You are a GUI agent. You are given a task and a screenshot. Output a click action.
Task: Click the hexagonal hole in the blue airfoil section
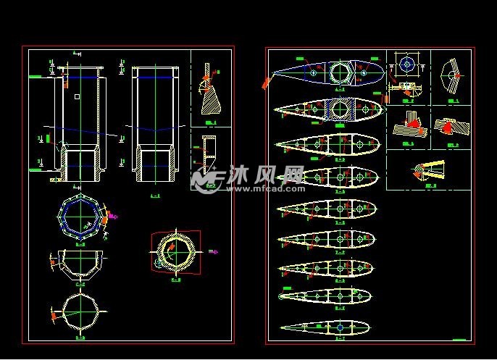click(x=338, y=72)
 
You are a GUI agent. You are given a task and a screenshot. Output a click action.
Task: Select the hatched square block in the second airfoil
click(x=339, y=109)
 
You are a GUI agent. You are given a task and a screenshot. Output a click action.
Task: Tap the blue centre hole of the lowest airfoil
click(x=340, y=327)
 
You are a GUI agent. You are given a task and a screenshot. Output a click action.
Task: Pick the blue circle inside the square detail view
click(x=407, y=64)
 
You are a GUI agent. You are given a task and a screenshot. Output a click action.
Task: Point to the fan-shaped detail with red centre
click(x=452, y=75)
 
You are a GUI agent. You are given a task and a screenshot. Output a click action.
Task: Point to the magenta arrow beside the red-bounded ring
click(x=214, y=251)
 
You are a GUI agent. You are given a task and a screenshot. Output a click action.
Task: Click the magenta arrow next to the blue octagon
click(x=113, y=215)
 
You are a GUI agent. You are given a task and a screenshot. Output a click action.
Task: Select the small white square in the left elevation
click(x=77, y=96)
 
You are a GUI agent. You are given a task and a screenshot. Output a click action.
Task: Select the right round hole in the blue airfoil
click(x=362, y=71)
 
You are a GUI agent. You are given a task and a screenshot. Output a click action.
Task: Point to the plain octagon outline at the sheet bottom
click(x=80, y=311)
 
